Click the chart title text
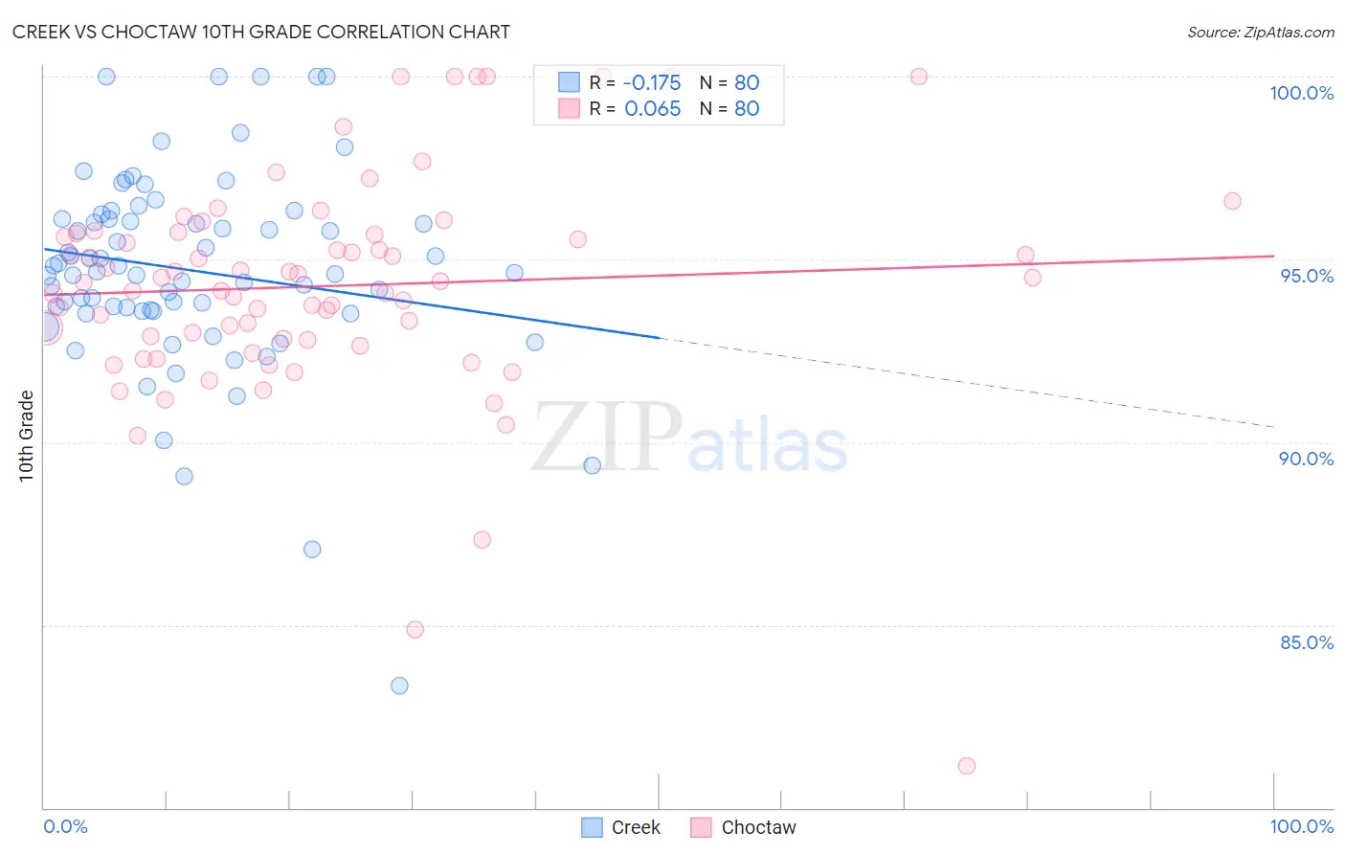coord(260,32)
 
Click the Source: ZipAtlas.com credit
coord(1260,32)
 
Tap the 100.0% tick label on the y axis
coord(1301,93)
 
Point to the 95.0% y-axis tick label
coord(1307,276)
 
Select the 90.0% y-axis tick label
coord(1306,459)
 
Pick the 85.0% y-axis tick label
coord(1307,642)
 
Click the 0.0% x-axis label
coord(65,826)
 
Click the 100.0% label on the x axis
coord(1301,826)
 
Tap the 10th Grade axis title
coord(27,436)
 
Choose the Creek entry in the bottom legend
coord(635,827)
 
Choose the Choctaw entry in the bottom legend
coord(758,827)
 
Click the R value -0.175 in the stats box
coord(652,82)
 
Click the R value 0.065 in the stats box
coord(652,108)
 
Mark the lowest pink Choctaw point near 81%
coord(967,766)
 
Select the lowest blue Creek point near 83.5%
coord(399,685)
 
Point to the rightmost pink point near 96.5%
coord(1232,201)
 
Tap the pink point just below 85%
coord(415,629)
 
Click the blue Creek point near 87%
coord(312,550)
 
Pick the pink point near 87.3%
coord(482,540)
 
